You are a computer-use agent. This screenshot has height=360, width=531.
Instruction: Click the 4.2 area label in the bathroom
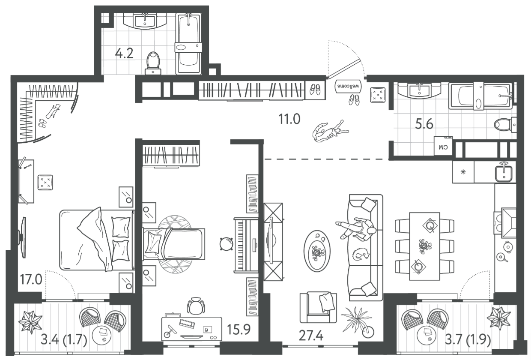124,54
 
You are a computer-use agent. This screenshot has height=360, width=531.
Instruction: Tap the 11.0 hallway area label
289,119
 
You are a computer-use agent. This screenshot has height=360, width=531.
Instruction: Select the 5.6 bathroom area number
424,124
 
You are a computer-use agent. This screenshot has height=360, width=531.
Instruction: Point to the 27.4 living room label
311,336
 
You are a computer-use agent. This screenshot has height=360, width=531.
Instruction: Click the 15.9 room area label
239,330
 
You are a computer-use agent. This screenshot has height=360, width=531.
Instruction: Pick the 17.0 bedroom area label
31,279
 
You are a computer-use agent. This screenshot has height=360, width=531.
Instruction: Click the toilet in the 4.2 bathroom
153,63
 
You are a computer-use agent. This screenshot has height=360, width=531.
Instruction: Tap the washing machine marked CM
443,146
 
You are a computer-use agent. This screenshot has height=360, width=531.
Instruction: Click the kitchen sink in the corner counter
504,172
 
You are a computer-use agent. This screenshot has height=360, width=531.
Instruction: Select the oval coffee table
317,251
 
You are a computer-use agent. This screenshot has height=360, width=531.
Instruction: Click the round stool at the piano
226,244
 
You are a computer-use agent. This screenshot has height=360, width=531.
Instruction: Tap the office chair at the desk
196,306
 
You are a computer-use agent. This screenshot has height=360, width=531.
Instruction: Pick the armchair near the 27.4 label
318,307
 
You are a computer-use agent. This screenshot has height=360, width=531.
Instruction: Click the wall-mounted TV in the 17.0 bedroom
23,237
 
